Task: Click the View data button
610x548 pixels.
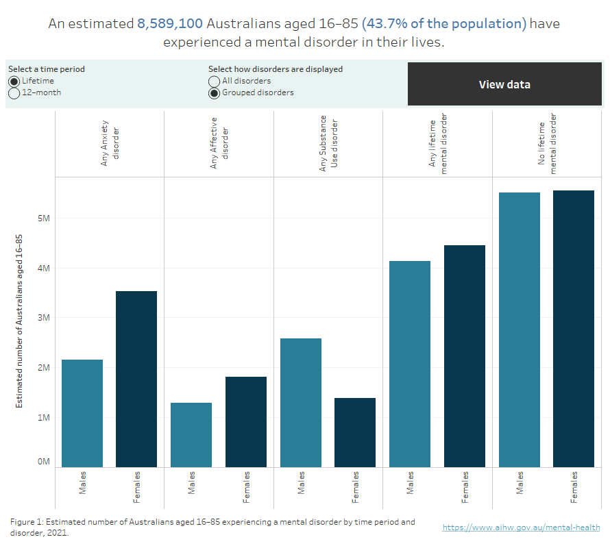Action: click(x=504, y=84)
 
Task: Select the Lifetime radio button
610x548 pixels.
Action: click(x=14, y=81)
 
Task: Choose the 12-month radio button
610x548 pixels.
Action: click(x=14, y=93)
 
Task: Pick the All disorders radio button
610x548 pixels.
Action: click(x=215, y=81)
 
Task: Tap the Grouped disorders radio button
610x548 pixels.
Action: click(x=215, y=93)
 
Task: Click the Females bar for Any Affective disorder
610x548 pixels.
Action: click(x=246, y=421)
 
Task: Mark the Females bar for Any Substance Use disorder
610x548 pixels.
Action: click(x=355, y=432)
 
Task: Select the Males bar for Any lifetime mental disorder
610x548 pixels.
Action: click(x=410, y=364)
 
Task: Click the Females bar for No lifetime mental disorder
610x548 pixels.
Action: click(x=574, y=329)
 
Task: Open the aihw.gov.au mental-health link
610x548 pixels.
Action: click(x=521, y=527)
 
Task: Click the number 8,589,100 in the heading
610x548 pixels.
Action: click(x=170, y=24)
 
